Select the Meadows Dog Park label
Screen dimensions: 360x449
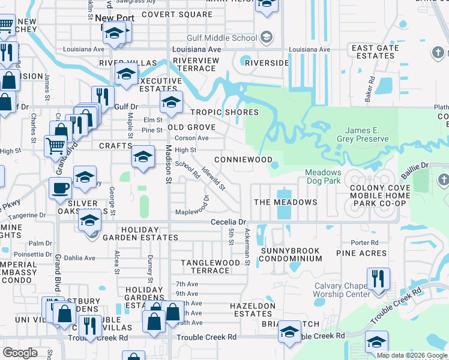pyautogui.click(x=324, y=176)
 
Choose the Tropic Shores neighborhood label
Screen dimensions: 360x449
pyautogui.click(x=224, y=112)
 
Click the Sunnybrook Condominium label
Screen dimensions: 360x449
pyautogui.click(x=292, y=254)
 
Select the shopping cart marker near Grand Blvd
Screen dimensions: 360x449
pyautogui.click(x=55, y=145)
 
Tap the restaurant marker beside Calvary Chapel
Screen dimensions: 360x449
pyautogui.click(x=378, y=278)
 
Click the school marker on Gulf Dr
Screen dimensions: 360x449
pyautogui.click(x=170, y=103)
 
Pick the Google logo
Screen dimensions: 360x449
pyautogui.click(x=20, y=352)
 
